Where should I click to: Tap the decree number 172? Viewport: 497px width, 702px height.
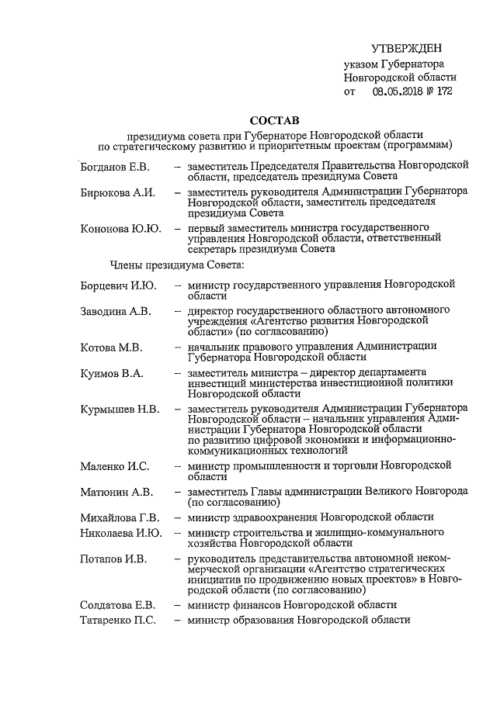(x=446, y=92)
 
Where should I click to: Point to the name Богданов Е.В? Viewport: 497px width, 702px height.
(x=116, y=167)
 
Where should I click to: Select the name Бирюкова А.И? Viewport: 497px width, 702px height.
(x=118, y=192)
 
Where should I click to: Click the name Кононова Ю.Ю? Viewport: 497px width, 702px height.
(x=121, y=228)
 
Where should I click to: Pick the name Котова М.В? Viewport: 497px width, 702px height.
(x=112, y=347)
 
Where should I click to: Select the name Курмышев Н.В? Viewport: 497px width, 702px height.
(x=120, y=408)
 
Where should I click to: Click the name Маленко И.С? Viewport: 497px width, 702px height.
(x=115, y=466)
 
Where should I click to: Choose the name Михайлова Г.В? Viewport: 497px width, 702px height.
(x=120, y=517)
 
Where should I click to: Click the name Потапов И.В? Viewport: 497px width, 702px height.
(x=114, y=558)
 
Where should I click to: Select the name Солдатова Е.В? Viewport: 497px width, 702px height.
(x=119, y=604)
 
